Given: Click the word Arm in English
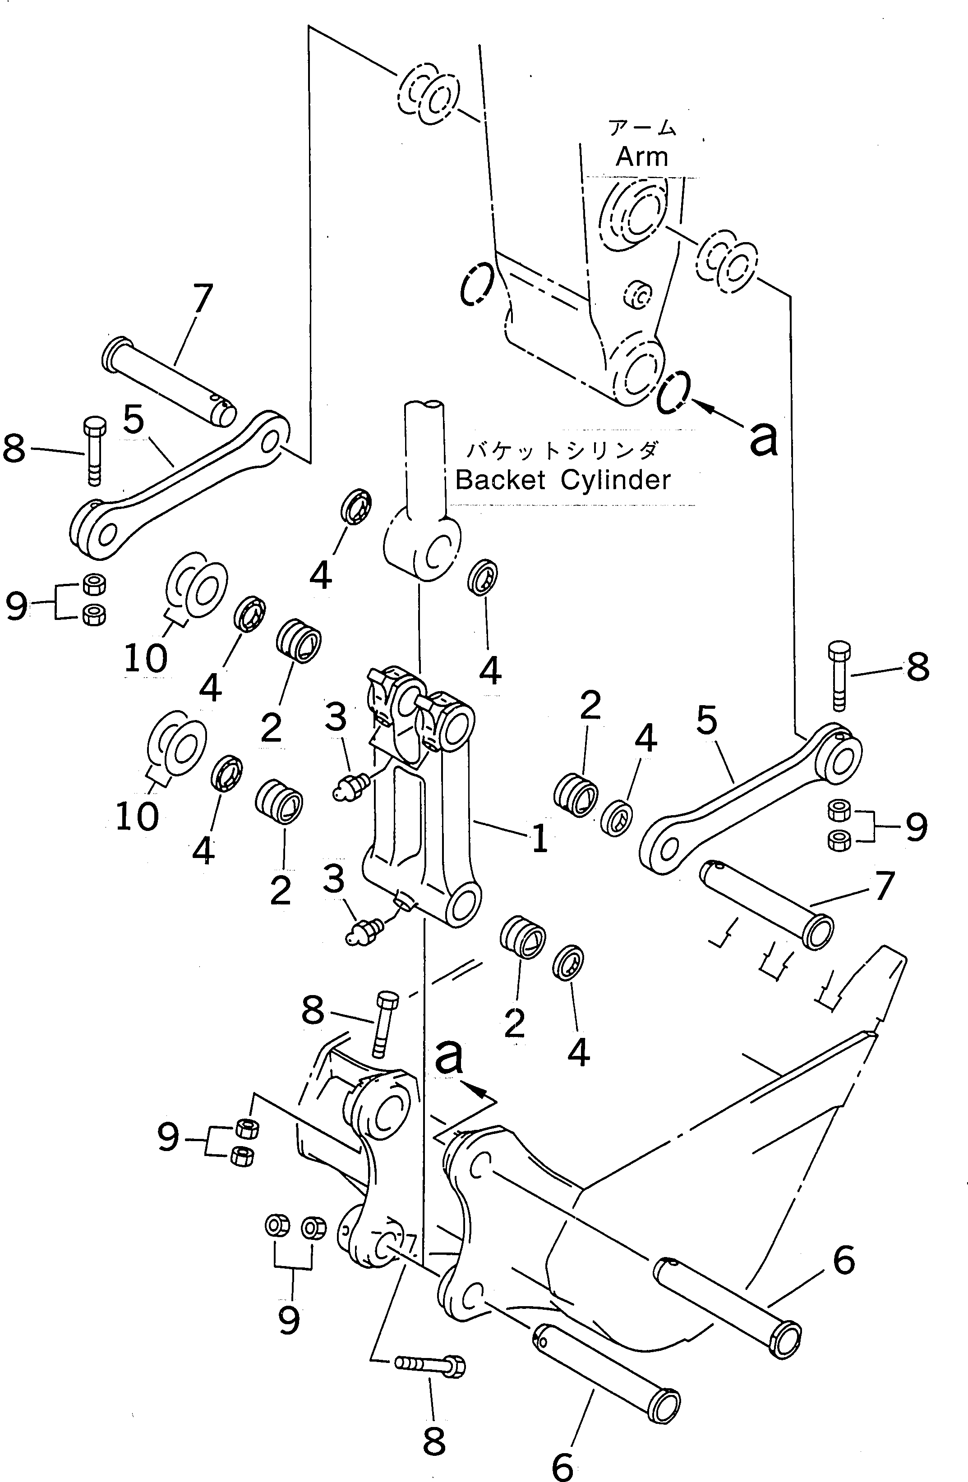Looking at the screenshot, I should click(x=641, y=156).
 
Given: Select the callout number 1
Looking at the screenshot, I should click(x=539, y=838).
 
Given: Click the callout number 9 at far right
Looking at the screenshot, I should click(x=916, y=827).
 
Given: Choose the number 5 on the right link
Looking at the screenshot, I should click(x=706, y=720).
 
